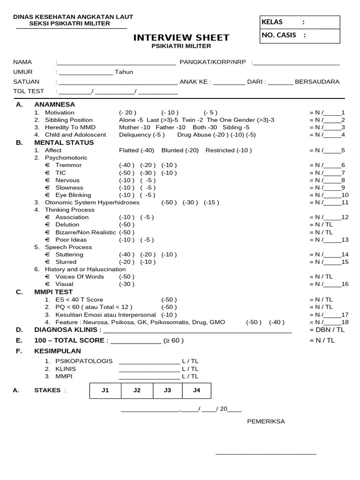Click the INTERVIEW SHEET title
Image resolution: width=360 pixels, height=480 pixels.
[181, 37]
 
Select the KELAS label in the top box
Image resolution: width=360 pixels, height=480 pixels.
[272, 22]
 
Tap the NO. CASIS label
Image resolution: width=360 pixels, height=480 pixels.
[279, 35]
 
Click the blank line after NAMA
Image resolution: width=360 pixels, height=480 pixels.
[116, 62]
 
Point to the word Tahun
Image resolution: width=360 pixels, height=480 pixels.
[124, 72]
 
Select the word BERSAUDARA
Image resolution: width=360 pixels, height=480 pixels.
[317, 82]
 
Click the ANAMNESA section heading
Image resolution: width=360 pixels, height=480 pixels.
[54, 105]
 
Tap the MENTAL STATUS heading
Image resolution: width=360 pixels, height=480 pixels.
[64, 142]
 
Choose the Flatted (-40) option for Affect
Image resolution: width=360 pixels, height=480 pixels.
[138, 150]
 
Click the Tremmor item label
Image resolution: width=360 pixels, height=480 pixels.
[68, 165]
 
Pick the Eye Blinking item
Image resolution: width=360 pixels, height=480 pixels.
[73, 195]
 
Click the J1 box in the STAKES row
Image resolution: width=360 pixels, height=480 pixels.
[105, 390]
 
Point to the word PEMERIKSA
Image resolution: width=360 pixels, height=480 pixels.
[266, 421]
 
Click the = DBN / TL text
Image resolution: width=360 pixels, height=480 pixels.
[327, 330]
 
